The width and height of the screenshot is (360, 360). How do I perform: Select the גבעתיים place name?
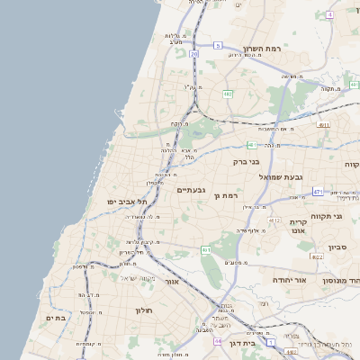192,189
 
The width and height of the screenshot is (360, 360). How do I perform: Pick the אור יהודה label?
290,280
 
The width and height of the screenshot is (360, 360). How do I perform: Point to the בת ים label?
55,318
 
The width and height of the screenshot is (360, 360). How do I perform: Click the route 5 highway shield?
217,44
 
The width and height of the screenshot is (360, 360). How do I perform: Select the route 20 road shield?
193,54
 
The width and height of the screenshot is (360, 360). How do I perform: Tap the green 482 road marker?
229,93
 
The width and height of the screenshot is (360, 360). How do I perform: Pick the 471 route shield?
318,191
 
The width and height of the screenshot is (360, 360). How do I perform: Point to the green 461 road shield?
206,249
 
